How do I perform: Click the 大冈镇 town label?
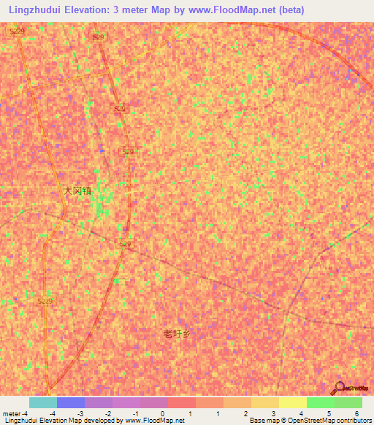(x=77, y=191)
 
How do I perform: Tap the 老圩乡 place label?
(x=177, y=334)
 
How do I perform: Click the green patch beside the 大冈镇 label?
(x=100, y=209)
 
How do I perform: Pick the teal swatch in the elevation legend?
(x=42, y=402)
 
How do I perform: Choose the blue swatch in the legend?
(x=70, y=402)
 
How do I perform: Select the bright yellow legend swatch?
(x=292, y=402)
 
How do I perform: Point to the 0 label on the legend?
(x=162, y=413)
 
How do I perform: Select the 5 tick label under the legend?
(x=329, y=413)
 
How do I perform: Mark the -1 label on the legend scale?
(x=134, y=413)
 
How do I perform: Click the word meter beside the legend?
(x=10, y=413)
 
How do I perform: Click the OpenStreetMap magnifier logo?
(x=339, y=388)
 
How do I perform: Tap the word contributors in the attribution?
(x=353, y=421)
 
